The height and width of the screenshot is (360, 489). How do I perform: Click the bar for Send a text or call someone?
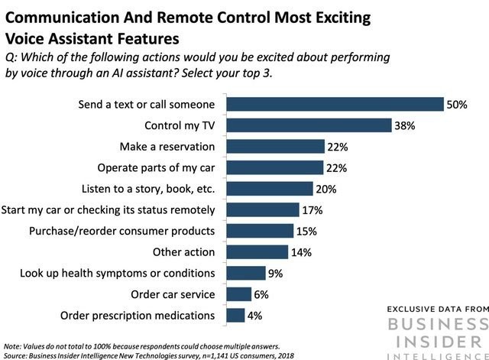(335, 104)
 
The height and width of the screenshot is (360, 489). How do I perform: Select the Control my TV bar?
(309, 125)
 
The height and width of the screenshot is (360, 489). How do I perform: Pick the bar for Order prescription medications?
(235, 315)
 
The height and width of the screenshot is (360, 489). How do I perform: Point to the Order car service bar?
(239, 294)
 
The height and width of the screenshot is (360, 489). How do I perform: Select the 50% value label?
(457, 104)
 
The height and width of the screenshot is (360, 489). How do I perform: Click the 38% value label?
(404, 125)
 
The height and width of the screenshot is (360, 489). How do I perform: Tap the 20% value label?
(325, 189)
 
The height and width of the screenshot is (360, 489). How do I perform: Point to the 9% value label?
(274, 273)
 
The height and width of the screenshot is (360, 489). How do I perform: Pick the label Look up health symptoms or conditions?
(115, 273)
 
